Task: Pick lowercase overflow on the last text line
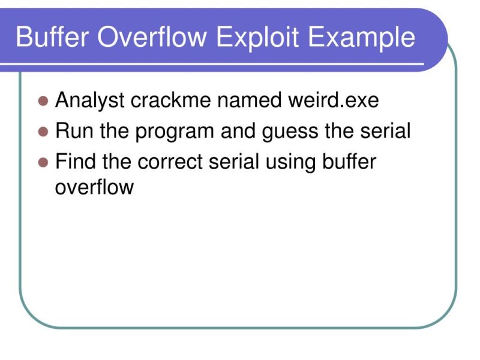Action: (x=94, y=187)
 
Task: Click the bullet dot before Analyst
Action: (x=43, y=101)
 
